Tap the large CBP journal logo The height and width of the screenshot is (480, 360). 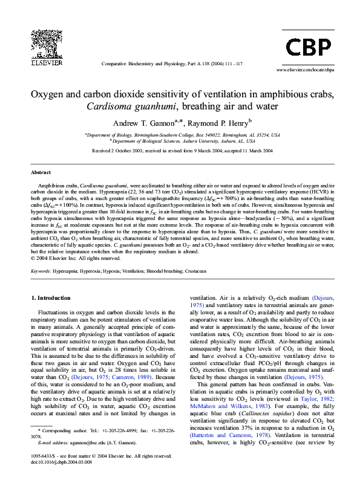tap(308, 47)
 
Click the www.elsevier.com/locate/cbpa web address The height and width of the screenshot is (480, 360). tap(305, 70)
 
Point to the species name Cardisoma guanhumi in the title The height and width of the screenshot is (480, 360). tap(131, 107)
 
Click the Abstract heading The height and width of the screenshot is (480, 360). tap(41, 172)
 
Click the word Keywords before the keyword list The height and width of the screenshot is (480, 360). tap(41, 271)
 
